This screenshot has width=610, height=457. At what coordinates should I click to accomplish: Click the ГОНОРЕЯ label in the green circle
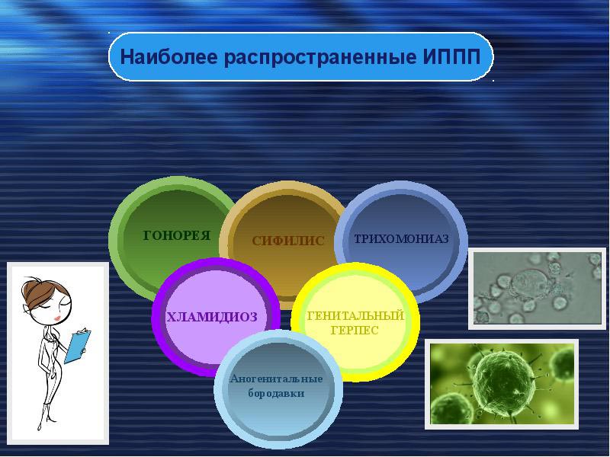(176, 235)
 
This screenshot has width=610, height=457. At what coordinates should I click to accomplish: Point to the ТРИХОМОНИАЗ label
(400, 238)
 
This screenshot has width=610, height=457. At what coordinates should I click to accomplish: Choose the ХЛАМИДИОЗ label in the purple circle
(211, 316)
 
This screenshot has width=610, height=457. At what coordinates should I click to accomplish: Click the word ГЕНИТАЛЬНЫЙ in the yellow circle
(354, 315)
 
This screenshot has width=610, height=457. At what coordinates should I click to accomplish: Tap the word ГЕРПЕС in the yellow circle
(354, 330)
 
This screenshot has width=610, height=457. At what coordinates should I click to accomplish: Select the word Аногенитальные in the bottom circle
(276, 379)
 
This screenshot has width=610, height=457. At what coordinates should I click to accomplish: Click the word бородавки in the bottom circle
(276, 394)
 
